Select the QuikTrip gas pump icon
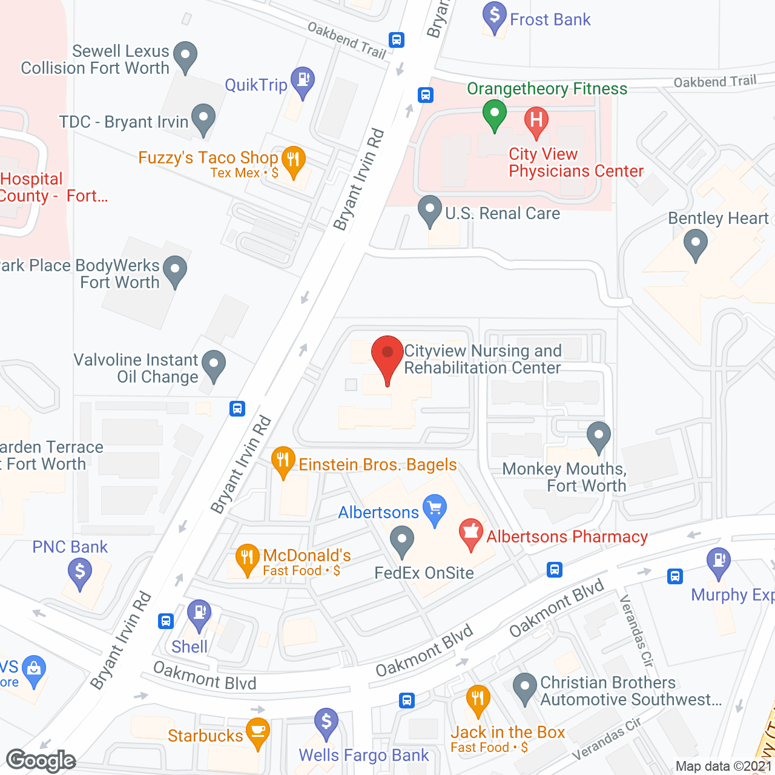303,80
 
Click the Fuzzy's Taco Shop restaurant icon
294,160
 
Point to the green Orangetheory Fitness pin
495,113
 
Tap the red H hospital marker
536,119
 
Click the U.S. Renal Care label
502,214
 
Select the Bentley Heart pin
695,245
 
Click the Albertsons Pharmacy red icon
470,532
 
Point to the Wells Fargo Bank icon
326,722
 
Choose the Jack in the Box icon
478,699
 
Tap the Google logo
41,760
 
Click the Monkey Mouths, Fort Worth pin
598,435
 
